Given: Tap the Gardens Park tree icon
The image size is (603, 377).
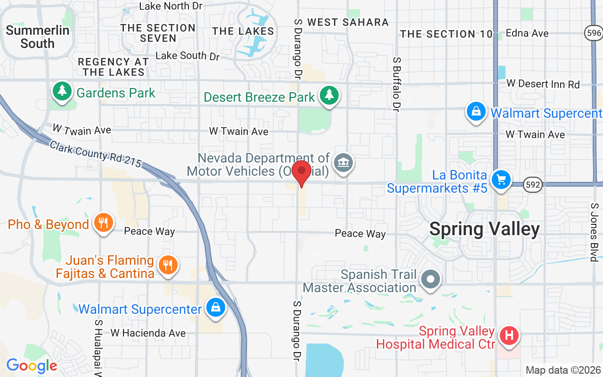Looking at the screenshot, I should [62, 91].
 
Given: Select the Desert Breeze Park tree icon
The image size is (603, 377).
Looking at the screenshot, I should [329, 96].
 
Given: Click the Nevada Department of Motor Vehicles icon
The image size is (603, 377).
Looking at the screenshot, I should [343, 164].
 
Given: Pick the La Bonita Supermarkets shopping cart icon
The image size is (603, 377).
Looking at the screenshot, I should [501, 180].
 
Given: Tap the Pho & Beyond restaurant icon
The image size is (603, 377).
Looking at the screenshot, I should [103, 223].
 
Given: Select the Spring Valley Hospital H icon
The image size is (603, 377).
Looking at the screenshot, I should [509, 336].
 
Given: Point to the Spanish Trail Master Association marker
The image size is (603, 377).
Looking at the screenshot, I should [430, 279].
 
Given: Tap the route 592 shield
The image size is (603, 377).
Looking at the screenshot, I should [533, 184].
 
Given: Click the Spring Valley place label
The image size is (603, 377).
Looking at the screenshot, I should [484, 229].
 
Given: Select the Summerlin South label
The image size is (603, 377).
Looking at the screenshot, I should [38, 37].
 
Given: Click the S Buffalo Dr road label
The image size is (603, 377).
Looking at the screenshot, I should [397, 84].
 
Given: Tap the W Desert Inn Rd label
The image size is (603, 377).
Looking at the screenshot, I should [543, 84].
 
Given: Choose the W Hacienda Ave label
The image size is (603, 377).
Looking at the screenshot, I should [148, 333].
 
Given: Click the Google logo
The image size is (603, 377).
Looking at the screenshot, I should [32, 365].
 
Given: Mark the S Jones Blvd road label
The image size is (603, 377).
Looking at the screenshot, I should [594, 232].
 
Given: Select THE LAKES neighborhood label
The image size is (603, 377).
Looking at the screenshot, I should [243, 32].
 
